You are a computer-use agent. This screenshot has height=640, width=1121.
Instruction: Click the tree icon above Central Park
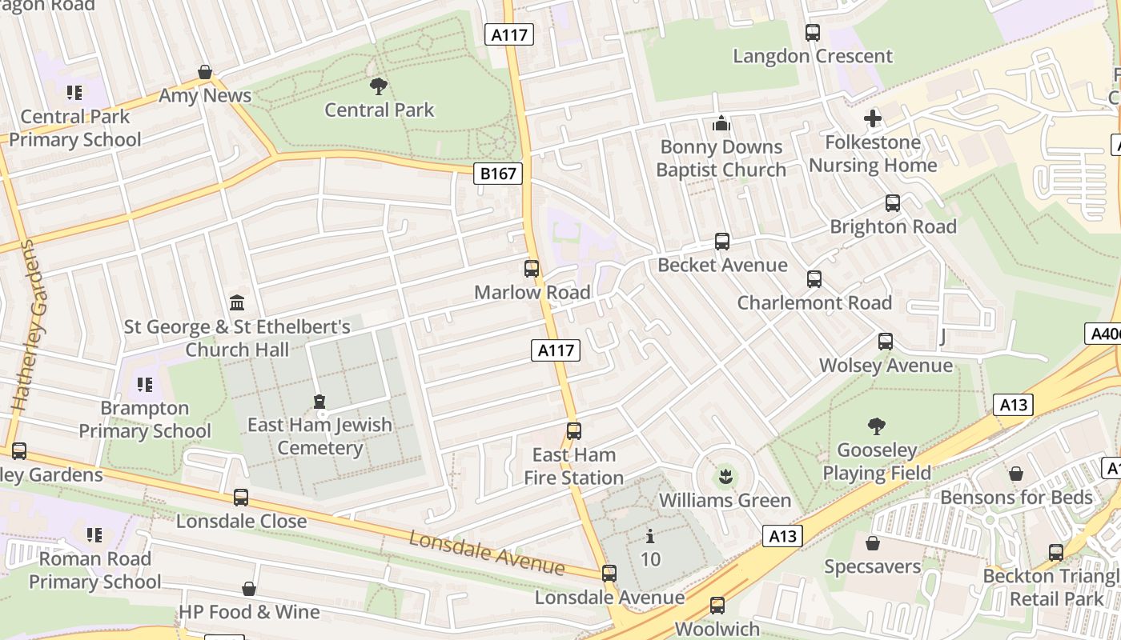pyautogui.click(x=379, y=85)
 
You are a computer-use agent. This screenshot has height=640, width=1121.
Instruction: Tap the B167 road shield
pyautogui.click(x=497, y=174)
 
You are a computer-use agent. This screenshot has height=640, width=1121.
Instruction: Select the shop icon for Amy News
pyautogui.click(x=205, y=72)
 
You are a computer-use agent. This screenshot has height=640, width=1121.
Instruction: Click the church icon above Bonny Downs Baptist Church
pyautogui.click(x=721, y=123)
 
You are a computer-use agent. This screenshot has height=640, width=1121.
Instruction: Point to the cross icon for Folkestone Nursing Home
pyautogui.click(x=873, y=119)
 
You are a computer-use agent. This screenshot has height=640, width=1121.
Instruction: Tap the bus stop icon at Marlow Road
pyautogui.click(x=532, y=269)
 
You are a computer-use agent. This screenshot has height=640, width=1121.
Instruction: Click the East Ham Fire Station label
pyautogui.click(x=573, y=466)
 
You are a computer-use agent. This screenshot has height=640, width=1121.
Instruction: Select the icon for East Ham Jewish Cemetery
pyautogui.click(x=319, y=402)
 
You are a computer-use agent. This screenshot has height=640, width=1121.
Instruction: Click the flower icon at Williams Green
pyautogui.click(x=725, y=478)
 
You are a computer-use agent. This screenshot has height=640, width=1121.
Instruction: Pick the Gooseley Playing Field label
pyautogui.click(x=877, y=462)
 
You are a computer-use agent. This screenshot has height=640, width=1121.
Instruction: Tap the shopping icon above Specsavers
pyautogui.click(x=873, y=543)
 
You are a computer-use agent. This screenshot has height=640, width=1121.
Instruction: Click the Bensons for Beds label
pyautogui.click(x=1016, y=497)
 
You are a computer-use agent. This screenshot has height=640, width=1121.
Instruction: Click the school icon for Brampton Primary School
pyautogui.click(x=145, y=385)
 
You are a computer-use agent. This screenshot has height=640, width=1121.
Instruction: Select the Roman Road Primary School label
pyautogui.click(x=94, y=570)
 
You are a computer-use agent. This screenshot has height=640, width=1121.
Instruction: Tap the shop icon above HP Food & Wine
pyautogui.click(x=249, y=589)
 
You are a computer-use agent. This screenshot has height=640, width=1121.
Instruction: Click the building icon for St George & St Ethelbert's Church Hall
pyautogui.click(x=237, y=303)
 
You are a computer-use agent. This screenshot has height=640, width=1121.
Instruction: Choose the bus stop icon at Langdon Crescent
pyautogui.click(x=813, y=33)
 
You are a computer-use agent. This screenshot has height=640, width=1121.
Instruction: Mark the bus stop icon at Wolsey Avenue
pyautogui.click(x=886, y=342)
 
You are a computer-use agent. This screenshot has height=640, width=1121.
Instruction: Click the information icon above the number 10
pyautogui.click(x=650, y=536)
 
